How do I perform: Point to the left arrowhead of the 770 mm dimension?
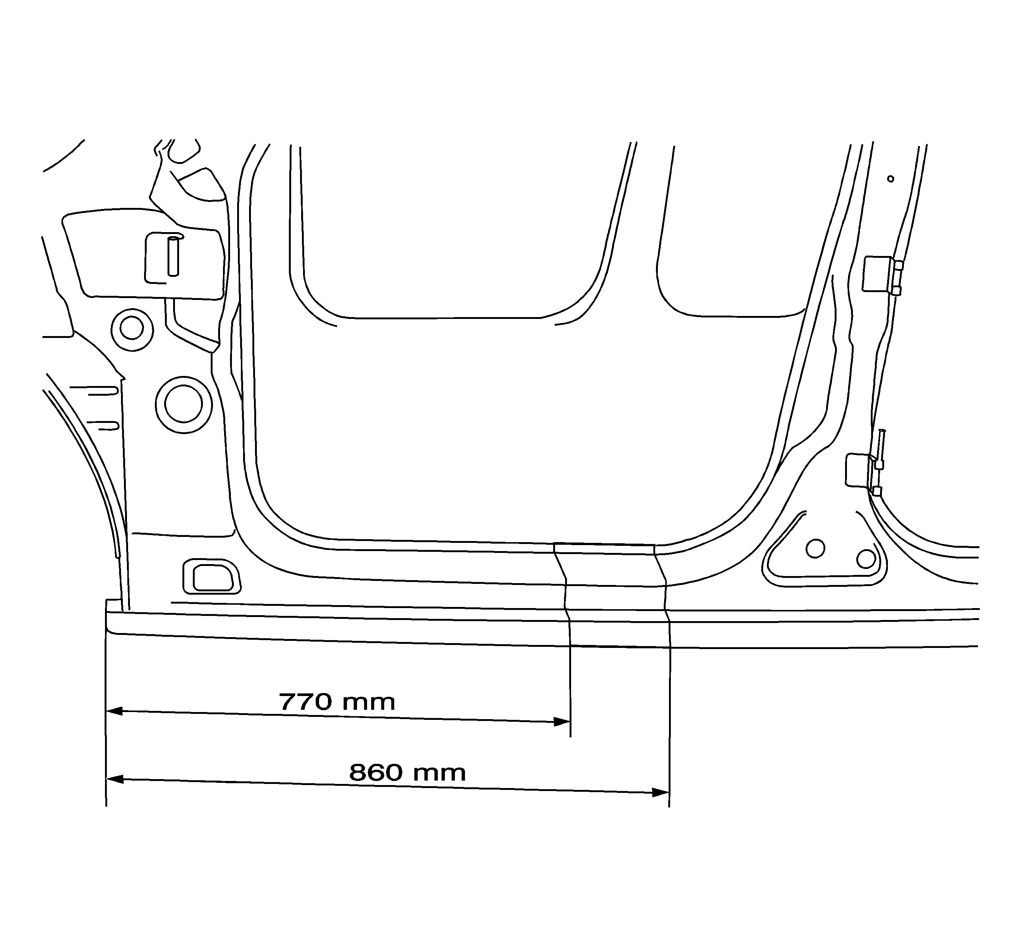coord(114,711)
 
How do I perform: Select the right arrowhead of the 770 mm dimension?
coord(562,722)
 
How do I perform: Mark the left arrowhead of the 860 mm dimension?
coord(114,779)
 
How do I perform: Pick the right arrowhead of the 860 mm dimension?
coord(660,792)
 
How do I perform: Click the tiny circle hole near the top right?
coord(890,179)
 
